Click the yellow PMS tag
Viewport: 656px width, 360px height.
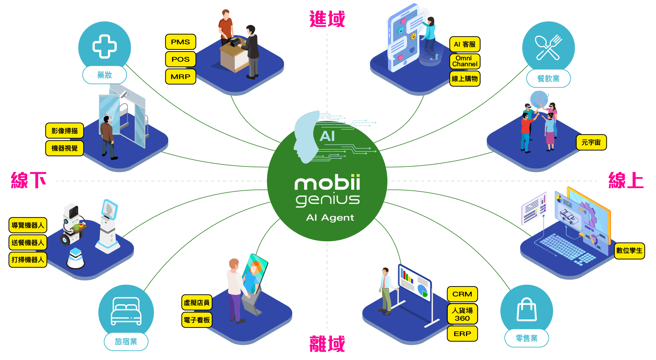(180, 42)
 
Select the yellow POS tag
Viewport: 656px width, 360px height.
(180, 59)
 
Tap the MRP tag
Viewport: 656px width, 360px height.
(180, 77)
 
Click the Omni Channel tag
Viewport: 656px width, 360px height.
(465, 61)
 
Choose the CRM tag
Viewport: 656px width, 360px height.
(462, 294)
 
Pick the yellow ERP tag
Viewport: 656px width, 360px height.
(462, 334)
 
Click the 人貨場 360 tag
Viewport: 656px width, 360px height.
(462, 314)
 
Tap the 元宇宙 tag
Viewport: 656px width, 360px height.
(591, 142)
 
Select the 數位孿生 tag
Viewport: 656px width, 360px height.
(629, 251)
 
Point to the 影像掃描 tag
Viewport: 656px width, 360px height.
(65, 131)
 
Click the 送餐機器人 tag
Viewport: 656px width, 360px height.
(28, 243)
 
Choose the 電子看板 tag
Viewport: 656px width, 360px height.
(197, 320)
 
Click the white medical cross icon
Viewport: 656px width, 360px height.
(104, 47)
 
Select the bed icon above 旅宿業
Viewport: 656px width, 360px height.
(126, 311)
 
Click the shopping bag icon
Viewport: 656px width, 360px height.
(526, 310)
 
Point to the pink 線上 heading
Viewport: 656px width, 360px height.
(626, 180)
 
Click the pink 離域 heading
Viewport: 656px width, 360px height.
(327, 344)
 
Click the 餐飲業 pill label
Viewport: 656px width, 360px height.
(548, 79)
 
